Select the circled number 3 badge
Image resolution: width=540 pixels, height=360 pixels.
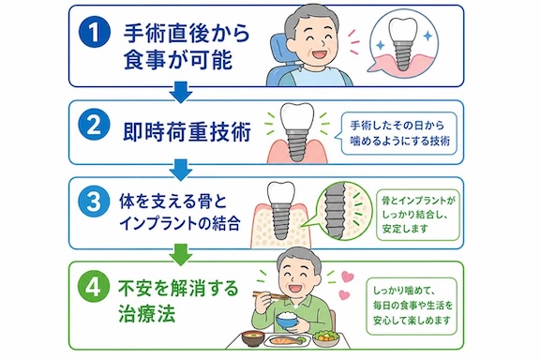click(95, 202)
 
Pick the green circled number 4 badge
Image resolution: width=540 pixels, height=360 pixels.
click(94, 287)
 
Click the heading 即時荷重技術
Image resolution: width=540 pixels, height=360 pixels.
click(187, 132)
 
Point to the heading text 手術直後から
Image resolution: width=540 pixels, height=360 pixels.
click(187, 33)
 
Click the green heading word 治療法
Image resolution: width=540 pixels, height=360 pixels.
click(147, 313)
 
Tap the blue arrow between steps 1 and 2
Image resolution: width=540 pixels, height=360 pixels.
click(181, 92)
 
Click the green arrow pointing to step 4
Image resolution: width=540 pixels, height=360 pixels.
click(181, 255)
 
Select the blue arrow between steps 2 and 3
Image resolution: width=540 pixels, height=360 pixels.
click(181, 170)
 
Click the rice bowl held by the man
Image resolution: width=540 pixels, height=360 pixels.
click(287, 321)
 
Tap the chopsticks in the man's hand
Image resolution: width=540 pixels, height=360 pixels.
click(270, 295)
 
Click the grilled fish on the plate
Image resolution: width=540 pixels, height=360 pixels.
click(285, 341)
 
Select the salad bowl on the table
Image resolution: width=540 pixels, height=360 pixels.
click(325, 337)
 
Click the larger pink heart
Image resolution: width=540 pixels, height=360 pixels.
click(349, 277)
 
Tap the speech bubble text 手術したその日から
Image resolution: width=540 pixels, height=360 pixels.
click(397, 125)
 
